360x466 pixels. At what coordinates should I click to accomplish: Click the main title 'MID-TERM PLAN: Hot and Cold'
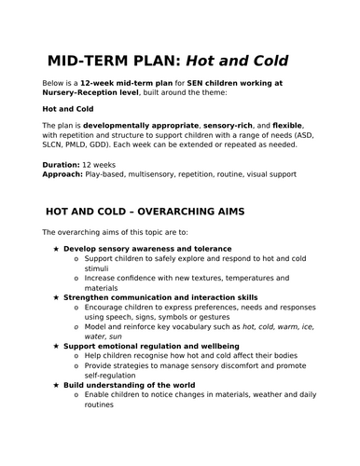168,62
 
